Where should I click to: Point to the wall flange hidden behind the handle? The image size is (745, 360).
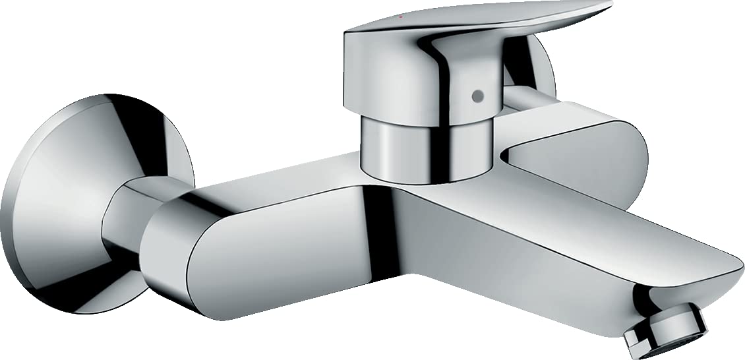coord(537,66)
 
